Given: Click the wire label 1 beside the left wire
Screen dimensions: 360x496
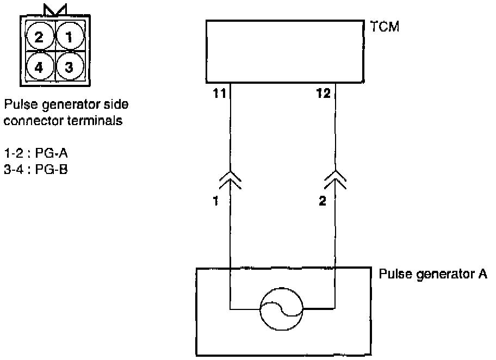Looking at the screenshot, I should pos(216,202).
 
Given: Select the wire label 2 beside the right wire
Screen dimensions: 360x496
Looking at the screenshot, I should pos(322,202).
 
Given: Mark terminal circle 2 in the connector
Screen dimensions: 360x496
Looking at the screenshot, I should pos(39,37).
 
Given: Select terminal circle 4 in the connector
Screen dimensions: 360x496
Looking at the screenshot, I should pos(39,67).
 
